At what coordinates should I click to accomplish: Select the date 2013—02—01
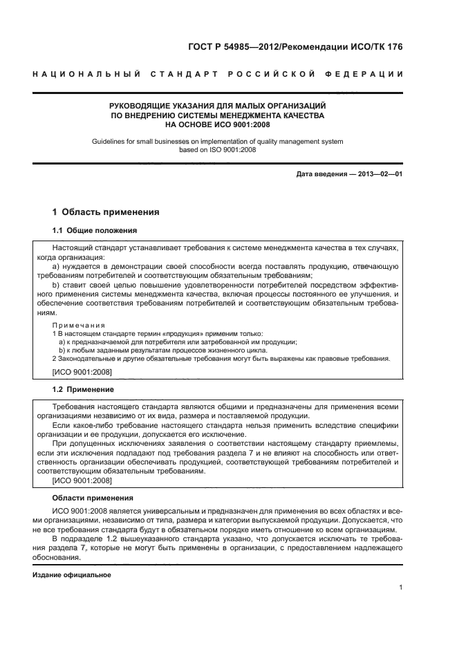pos(380,174)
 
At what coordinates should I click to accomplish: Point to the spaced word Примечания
pos(78,324)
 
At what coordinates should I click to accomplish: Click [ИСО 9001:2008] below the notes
pos(82,373)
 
